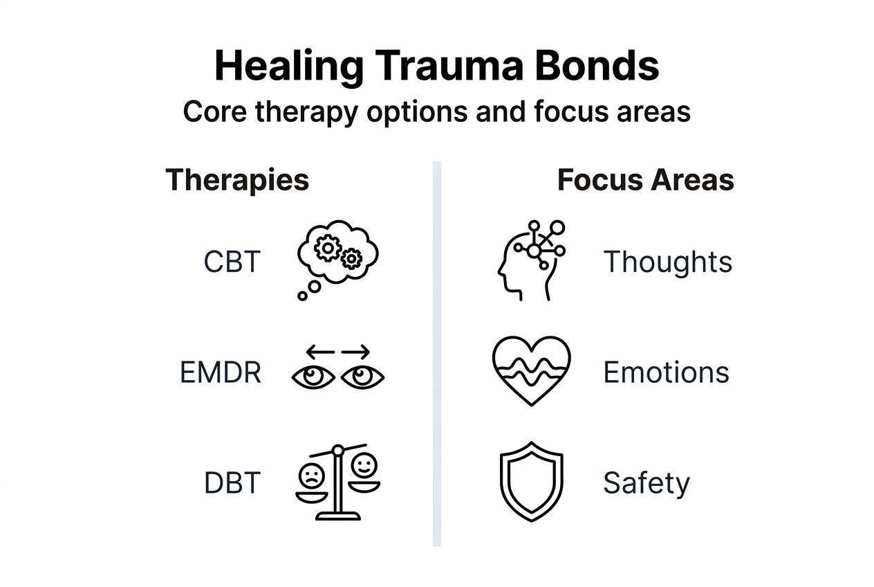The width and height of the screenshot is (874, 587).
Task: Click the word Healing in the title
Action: tap(288, 66)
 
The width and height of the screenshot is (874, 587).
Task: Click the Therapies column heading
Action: tap(237, 180)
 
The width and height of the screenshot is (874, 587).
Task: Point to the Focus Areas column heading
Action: tap(645, 180)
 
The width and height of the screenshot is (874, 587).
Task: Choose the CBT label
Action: tap(232, 262)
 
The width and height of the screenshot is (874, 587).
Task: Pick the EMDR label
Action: tap(221, 373)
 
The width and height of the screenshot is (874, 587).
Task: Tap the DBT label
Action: tap(232, 483)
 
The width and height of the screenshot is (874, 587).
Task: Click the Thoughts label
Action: tap(667, 262)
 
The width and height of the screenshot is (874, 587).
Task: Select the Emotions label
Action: tap(666, 372)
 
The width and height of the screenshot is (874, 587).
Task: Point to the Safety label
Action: tap(646, 483)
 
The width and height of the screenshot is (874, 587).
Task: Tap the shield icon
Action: tap(531, 482)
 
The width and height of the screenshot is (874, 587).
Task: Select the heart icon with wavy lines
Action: tap(531, 371)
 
